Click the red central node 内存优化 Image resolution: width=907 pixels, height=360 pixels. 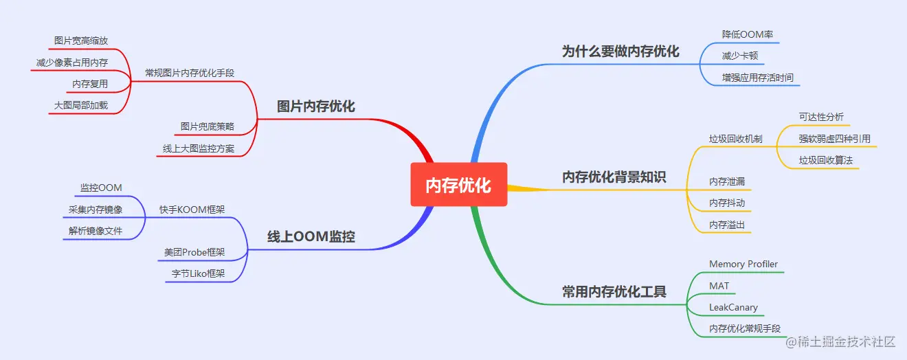click(x=458, y=185)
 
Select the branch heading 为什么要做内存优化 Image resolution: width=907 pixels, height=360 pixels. click(x=620, y=52)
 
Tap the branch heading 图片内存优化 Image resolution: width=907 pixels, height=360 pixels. click(x=316, y=106)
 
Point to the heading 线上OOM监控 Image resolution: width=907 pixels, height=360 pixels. click(x=311, y=237)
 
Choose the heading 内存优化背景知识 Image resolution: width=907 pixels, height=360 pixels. click(x=614, y=177)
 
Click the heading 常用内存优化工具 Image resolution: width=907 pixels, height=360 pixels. click(x=614, y=291)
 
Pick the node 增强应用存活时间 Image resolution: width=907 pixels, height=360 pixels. click(x=757, y=78)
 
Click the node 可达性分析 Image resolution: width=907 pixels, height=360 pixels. click(x=821, y=117)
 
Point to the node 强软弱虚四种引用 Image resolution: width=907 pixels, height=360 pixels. click(x=834, y=139)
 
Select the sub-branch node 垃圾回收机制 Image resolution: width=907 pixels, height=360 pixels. click(x=735, y=139)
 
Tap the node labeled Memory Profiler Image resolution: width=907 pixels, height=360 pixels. click(x=743, y=265)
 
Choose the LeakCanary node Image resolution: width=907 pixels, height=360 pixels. click(x=733, y=307)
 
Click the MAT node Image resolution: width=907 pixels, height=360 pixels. click(x=719, y=286)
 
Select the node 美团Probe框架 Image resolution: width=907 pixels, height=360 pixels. click(x=194, y=252)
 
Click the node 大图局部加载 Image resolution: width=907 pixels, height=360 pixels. click(x=81, y=106)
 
